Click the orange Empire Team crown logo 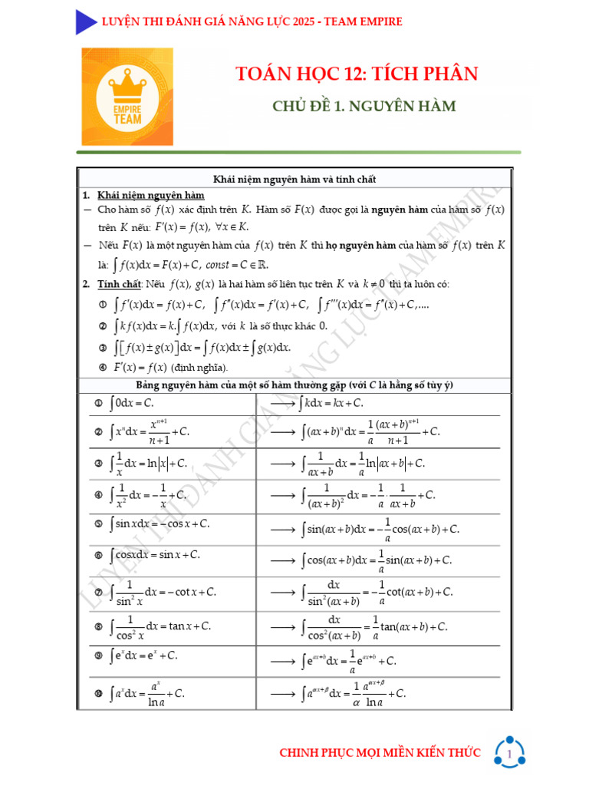pos(127,97)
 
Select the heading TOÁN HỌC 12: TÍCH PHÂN pos(357,74)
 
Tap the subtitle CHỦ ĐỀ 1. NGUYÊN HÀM pos(364,106)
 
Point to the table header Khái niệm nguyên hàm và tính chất pos(294,179)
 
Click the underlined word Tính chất pos(120,284)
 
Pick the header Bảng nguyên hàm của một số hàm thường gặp pos(295,385)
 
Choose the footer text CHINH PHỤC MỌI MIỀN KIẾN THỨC pos(380,753)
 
